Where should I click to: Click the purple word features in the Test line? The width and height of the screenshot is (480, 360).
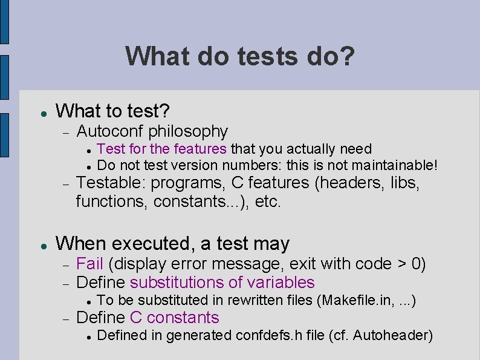[x=199, y=149]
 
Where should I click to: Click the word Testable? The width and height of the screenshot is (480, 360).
[x=111, y=183]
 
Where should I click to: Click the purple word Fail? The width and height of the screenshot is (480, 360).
[x=89, y=264]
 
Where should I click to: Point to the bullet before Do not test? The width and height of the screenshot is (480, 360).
[x=88, y=166]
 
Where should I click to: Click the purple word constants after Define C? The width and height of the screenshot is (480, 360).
[x=183, y=318]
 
